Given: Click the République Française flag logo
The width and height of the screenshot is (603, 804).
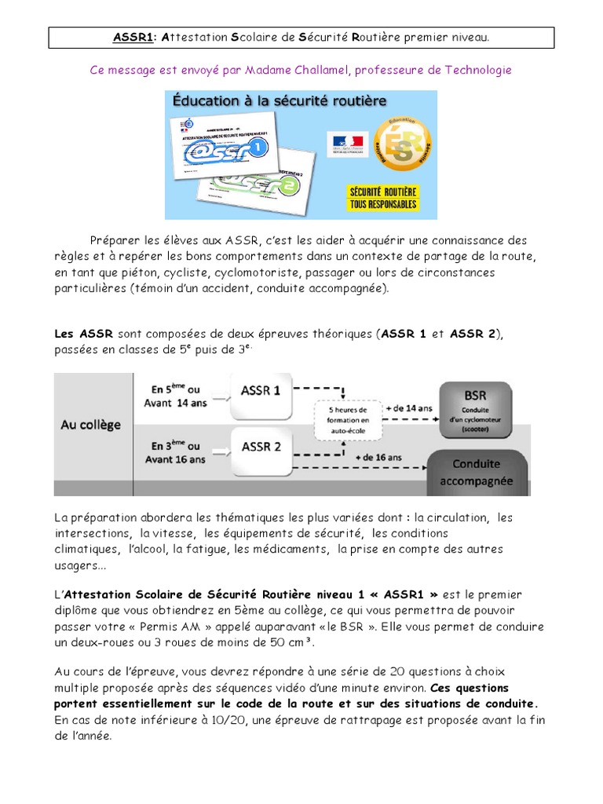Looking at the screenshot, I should [x=346, y=144].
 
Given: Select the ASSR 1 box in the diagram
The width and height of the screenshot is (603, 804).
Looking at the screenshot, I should [x=261, y=390].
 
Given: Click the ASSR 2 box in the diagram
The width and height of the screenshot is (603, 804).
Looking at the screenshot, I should [x=261, y=447].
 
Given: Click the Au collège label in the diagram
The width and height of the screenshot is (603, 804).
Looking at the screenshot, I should [x=91, y=425].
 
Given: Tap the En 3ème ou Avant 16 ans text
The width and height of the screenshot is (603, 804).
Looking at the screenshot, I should [x=177, y=453].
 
